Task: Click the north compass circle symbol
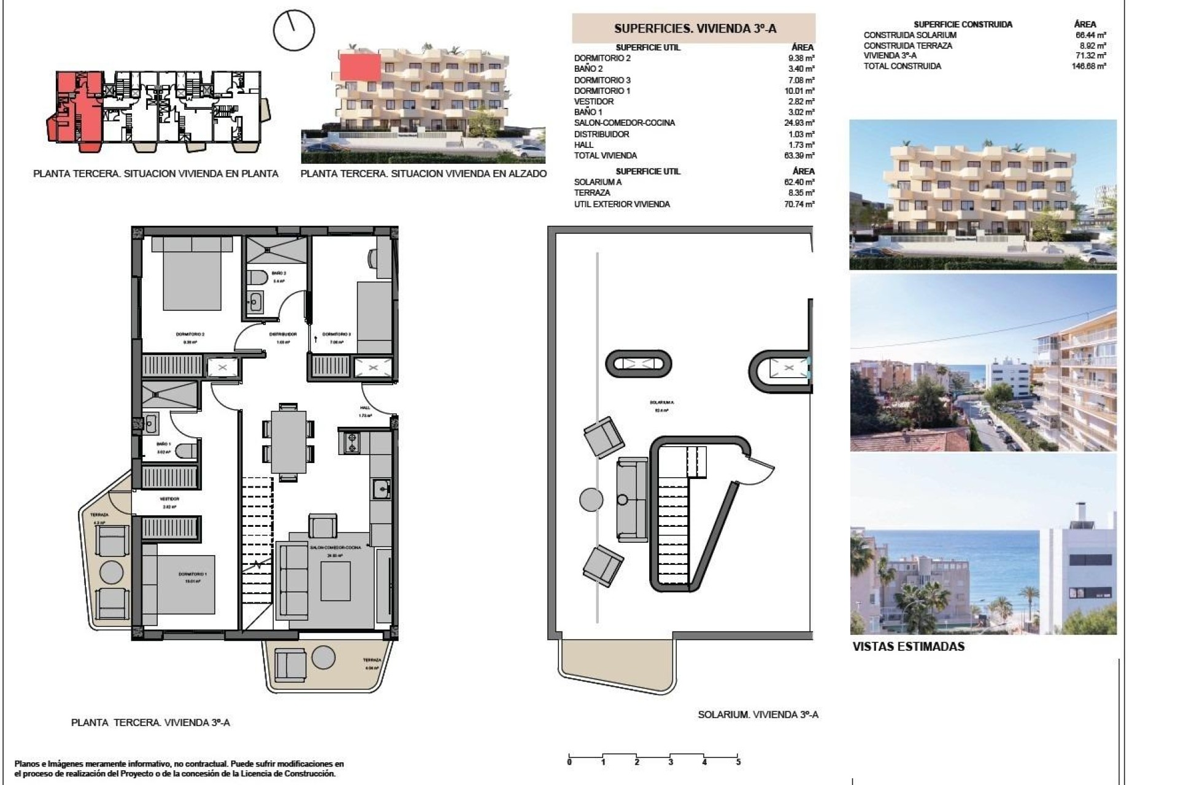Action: click(294, 30)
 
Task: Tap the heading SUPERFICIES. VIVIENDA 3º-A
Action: click(695, 28)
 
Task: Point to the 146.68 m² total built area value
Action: click(1092, 66)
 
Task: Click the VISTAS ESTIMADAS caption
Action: click(908, 646)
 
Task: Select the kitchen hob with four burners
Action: click(352, 443)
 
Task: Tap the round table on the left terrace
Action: click(112, 572)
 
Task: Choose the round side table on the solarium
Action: click(591, 499)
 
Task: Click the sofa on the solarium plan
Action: click(633, 499)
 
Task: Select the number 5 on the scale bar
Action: click(738, 762)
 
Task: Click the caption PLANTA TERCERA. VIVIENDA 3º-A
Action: click(150, 722)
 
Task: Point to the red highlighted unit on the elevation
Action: click(360, 66)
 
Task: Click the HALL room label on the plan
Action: click(365, 408)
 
